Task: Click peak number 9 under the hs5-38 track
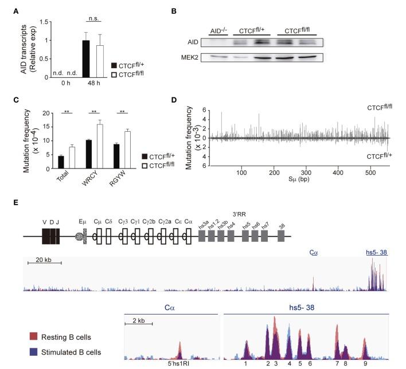[365, 364]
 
